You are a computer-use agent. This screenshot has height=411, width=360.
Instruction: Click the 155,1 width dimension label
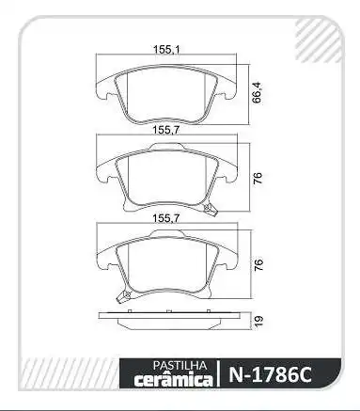167,50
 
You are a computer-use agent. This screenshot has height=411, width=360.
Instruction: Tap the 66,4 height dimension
257,93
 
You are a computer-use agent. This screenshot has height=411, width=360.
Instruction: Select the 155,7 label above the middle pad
166,130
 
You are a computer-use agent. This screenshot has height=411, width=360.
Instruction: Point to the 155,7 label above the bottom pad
166,218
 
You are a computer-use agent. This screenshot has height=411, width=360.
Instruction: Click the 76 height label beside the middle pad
258,178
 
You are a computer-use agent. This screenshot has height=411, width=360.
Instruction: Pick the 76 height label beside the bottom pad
258,265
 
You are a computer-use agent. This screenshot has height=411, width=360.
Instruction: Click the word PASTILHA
180,366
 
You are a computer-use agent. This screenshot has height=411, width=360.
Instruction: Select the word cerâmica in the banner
173,379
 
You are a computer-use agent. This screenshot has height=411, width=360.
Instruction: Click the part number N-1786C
271,374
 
